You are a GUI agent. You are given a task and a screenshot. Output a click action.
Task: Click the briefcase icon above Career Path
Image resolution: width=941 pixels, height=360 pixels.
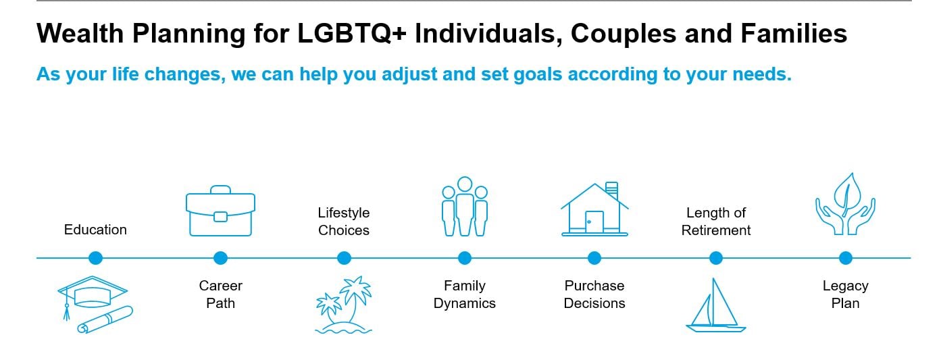[220, 211]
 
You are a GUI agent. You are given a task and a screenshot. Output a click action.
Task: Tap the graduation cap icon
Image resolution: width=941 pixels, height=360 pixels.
[93, 293]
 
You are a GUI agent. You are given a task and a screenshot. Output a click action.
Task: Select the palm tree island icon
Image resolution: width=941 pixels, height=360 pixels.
[344, 305]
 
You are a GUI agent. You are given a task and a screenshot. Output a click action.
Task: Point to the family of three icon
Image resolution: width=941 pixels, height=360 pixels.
[465, 207]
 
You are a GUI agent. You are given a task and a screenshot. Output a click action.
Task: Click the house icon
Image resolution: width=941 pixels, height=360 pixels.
[594, 209]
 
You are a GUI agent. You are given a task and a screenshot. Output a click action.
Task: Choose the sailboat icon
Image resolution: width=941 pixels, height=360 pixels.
[715, 305]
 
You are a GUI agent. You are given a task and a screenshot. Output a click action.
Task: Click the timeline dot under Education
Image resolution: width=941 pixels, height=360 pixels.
[96, 258]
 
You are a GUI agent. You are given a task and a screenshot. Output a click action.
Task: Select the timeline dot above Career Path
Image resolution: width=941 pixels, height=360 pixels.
[220, 258]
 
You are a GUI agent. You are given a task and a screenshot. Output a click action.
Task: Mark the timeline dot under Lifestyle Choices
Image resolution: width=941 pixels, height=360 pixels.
[344, 258]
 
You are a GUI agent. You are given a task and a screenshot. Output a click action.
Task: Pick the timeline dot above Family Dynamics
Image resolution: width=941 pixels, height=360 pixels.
[465, 258]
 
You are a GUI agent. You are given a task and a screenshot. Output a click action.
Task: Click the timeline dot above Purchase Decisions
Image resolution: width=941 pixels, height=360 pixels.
[594, 258]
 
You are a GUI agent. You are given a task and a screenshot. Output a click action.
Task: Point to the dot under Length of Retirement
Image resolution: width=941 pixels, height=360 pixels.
[716, 258]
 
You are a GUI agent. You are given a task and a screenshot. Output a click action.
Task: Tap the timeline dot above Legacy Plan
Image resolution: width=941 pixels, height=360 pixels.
[846, 258]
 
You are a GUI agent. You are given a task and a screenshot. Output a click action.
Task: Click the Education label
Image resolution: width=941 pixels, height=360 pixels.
[95, 230]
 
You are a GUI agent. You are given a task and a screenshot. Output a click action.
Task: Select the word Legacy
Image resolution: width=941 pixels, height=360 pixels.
[845, 286]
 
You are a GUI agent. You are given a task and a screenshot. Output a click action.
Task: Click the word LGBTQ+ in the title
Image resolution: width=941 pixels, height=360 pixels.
[352, 34]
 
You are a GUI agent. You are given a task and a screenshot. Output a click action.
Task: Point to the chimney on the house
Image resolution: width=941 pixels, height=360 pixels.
[612, 190]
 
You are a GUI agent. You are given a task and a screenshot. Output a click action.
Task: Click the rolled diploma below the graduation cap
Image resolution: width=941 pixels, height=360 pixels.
[105, 320]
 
